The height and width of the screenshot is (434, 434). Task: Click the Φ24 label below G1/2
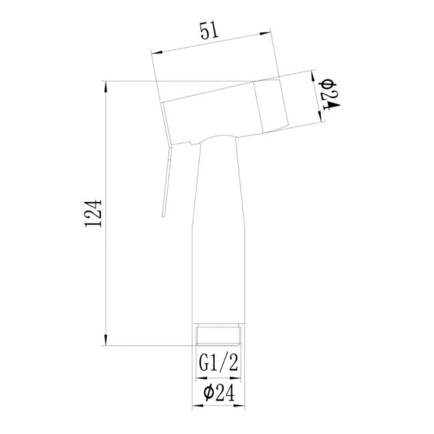click(x=218, y=393)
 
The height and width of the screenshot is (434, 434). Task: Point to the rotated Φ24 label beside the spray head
click(x=329, y=93)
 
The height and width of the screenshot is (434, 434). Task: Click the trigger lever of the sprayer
click(x=166, y=177)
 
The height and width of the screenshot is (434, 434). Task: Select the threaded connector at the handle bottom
click(x=218, y=336)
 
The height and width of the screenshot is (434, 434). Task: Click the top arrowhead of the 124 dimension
click(x=106, y=84)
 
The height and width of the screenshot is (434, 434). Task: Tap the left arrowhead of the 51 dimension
click(x=155, y=52)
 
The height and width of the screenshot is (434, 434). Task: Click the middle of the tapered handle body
click(x=218, y=239)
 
